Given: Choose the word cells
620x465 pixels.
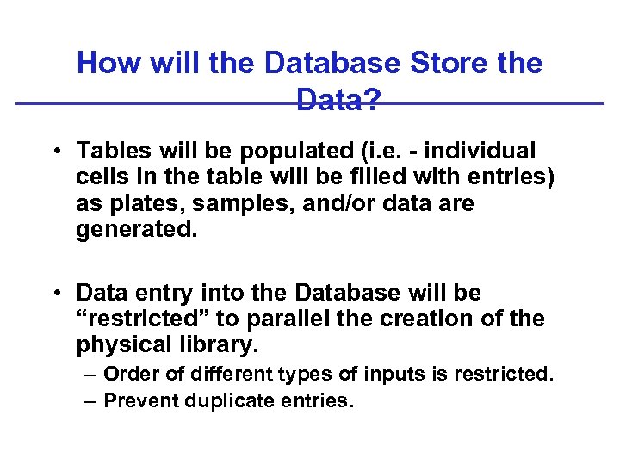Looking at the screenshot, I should tap(102, 178).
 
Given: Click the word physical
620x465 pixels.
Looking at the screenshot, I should tap(120, 345).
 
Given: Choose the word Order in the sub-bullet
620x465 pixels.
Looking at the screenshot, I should tap(129, 375).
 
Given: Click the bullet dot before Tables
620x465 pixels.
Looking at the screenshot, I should tap(54, 152).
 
